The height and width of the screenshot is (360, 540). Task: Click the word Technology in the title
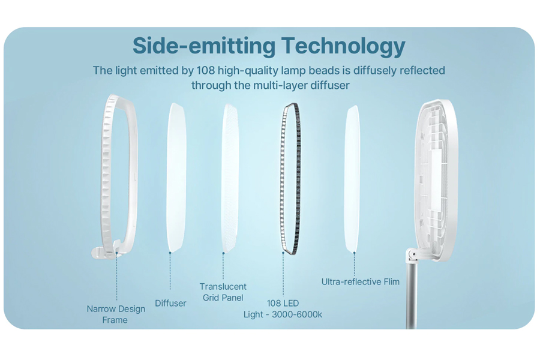coord(343,46)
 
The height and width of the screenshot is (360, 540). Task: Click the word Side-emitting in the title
coord(204,45)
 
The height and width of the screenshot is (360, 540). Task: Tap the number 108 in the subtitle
coord(206,70)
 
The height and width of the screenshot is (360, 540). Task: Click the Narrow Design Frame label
coord(116,314)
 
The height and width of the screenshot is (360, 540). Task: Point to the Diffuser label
coord(170,303)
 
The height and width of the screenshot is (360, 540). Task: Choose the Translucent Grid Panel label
coord(223,292)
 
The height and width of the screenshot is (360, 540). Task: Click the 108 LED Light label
coord(283,308)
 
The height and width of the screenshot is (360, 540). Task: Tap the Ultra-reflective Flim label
coord(360,282)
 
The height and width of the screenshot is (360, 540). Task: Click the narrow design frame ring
coord(106,172)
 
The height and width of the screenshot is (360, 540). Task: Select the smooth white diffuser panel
coord(176,177)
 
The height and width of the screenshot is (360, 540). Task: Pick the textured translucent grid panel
coord(230,178)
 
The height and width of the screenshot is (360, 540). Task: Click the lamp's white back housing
coord(436,179)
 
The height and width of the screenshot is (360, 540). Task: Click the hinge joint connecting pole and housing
coord(412,254)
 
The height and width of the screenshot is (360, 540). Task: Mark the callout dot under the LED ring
coord(283,253)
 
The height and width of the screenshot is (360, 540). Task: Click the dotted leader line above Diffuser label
coord(170,271)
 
